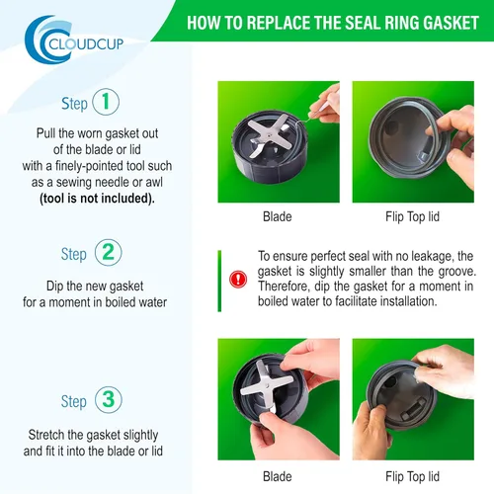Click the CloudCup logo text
coord(86,43)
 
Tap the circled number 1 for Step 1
coord(106,102)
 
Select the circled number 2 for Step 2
coord(109,253)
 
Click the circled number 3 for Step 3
coord(109,400)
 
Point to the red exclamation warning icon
coord(238,280)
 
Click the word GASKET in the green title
coord(451,23)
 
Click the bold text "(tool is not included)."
coord(97,199)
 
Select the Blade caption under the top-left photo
coord(278,216)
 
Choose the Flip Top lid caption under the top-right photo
coord(413,216)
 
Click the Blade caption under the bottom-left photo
coord(278,476)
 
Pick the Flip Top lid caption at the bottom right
coord(413,476)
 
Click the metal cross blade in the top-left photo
coord(269,135)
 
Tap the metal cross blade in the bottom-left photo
coord(266,385)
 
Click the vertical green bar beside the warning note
coord(219,281)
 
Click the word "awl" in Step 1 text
coord(154,182)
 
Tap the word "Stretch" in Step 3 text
coord(46,435)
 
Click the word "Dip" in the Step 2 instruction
coord(55,287)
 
